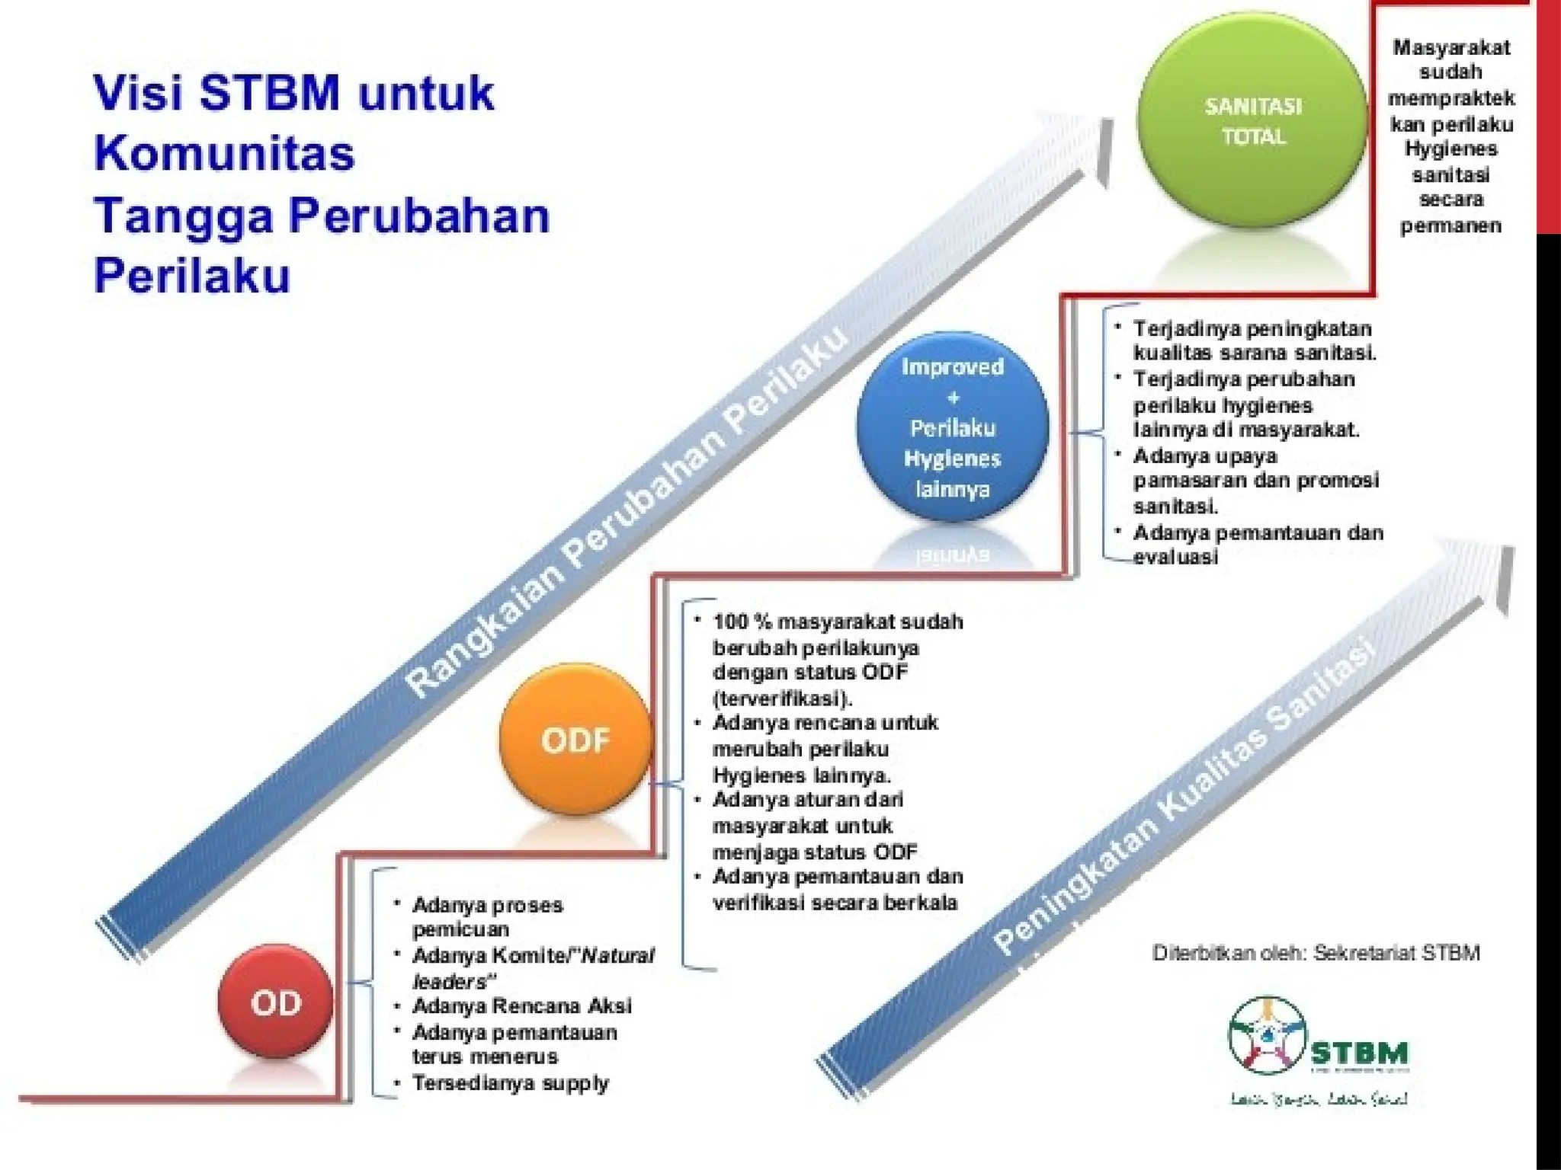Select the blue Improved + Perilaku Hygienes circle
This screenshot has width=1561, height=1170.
tap(952, 427)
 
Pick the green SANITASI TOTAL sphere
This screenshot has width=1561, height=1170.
tap(1253, 122)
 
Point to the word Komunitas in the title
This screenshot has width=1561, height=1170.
tap(224, 152)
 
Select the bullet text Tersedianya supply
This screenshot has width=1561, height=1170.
tap(509, 1082)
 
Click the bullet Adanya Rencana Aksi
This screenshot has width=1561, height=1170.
tap(521, 1005)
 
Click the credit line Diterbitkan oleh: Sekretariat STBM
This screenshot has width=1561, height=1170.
tap(1316, 952)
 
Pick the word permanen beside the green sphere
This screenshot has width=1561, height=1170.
tap(1450, 225)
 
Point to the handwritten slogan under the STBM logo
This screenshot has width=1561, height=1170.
tap(1319, 1099)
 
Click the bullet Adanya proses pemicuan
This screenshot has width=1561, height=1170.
tap(486, 916)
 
